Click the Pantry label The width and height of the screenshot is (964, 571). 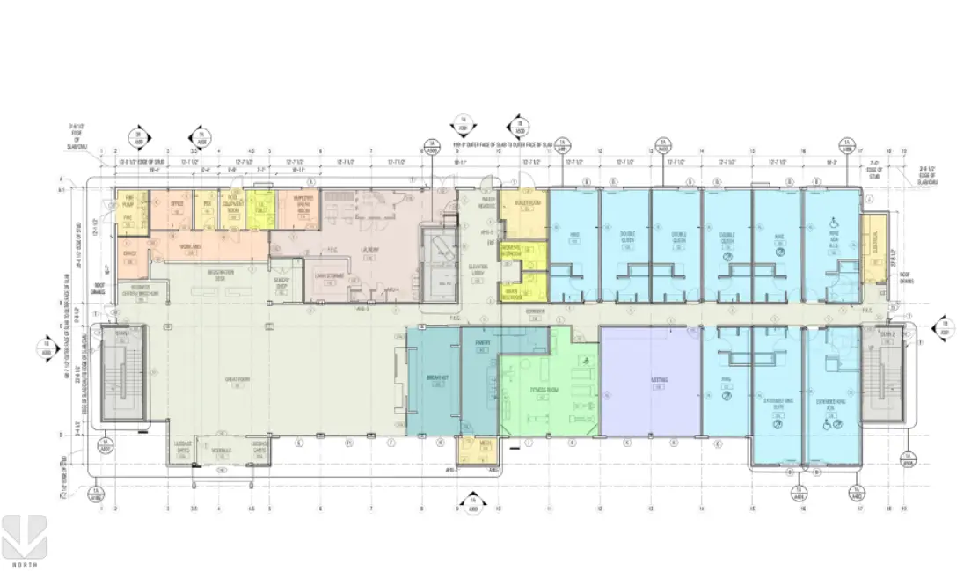pos(482,342)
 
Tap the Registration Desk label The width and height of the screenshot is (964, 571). pos(220,273)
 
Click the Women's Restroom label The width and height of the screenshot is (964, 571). pos(512,253)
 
